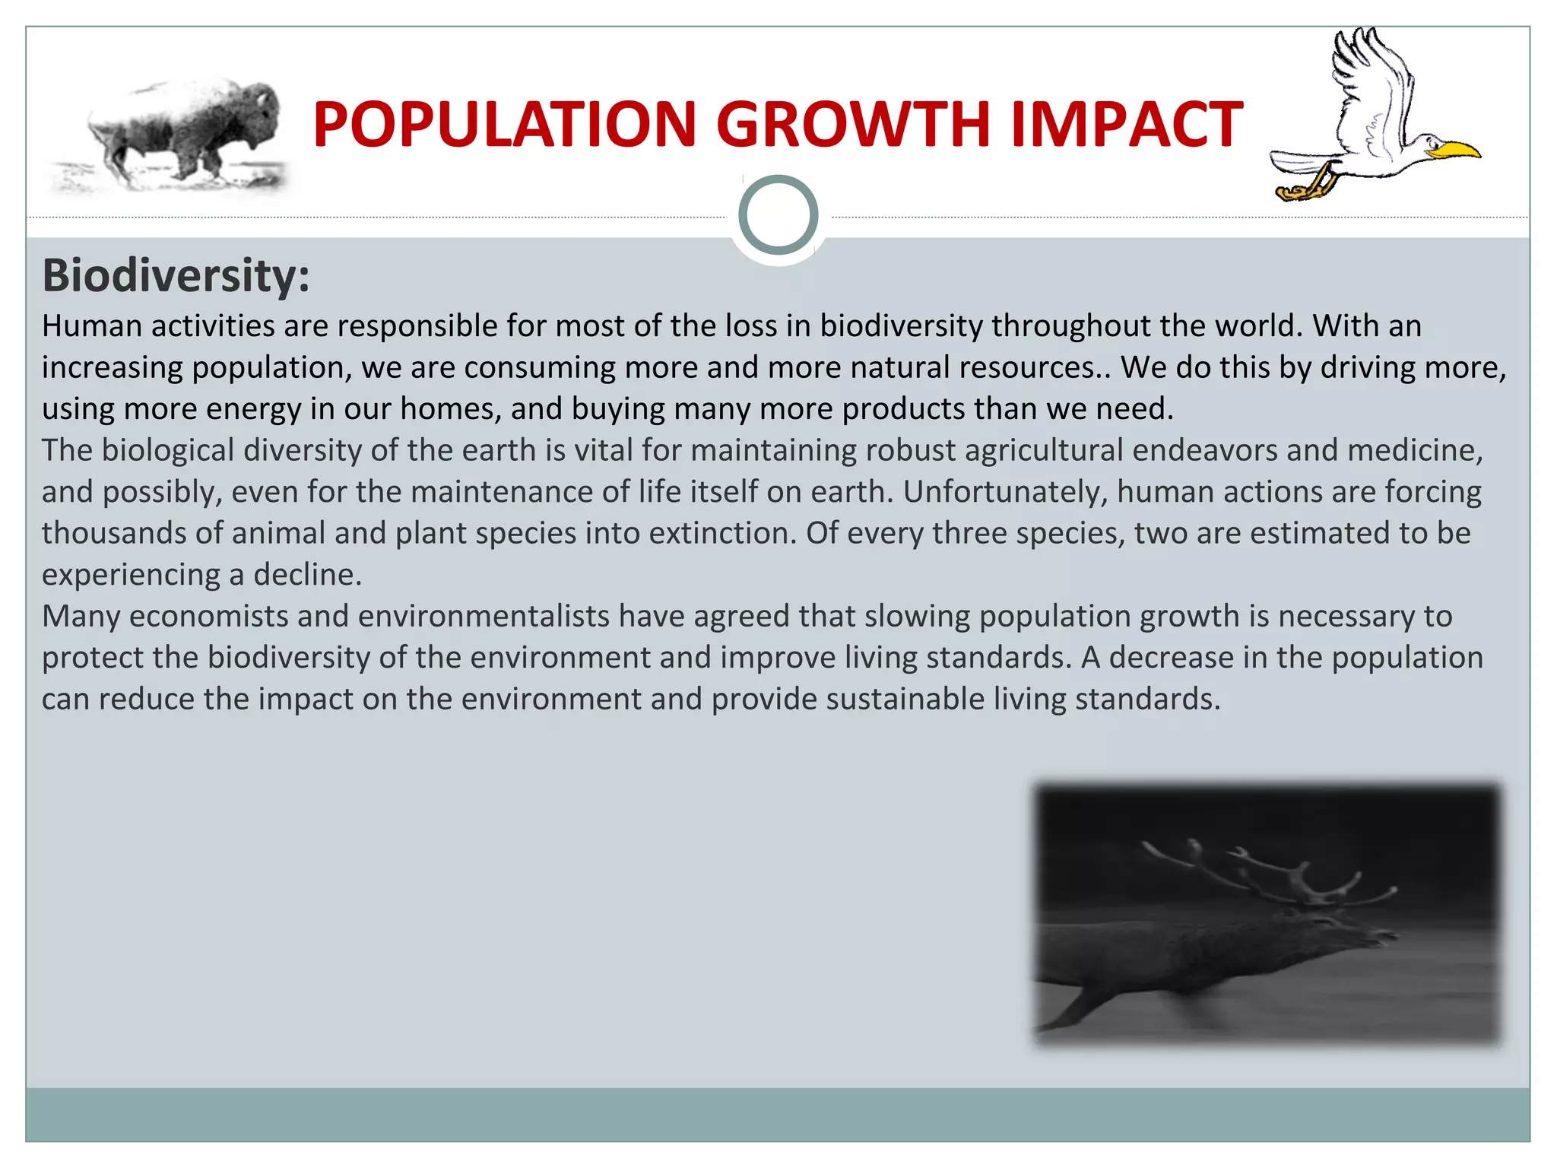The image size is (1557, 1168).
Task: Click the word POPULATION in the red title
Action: [504, 125]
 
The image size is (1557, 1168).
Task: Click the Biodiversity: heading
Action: [176, 275]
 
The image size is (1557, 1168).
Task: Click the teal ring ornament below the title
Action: [778, 214]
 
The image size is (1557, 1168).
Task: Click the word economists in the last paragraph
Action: [208, 616]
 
